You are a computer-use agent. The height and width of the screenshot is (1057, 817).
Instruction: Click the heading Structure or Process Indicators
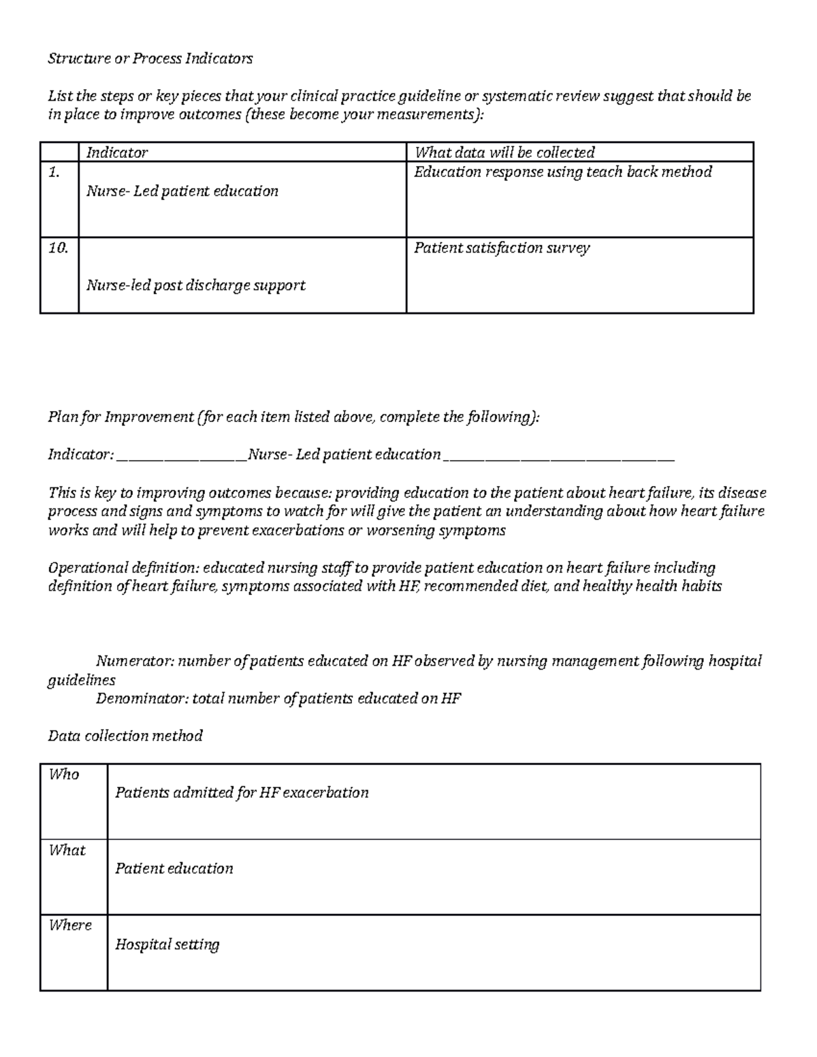150,59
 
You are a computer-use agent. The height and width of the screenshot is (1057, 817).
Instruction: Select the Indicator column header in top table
116,152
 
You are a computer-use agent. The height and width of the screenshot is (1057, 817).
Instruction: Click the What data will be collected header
504,152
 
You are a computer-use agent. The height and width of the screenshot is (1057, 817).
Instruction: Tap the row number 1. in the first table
54,173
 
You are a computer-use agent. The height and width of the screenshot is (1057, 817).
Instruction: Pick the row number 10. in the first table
58,248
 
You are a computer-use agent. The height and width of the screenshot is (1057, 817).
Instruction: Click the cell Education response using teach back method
562,172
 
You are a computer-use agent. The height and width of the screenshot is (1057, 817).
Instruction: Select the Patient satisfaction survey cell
502,248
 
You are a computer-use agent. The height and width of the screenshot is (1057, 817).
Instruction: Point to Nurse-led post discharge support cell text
195,286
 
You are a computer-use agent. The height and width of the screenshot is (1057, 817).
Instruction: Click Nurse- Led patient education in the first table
182,191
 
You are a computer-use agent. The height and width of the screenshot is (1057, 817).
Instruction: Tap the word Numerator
134,661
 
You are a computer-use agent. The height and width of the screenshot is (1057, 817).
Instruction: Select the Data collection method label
125,736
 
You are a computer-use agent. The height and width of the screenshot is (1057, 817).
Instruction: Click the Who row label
63,775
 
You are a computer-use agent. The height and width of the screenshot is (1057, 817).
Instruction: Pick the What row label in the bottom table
67,850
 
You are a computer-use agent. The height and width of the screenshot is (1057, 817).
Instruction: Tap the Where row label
69,926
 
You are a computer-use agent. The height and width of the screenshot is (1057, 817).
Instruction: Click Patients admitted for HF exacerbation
242,793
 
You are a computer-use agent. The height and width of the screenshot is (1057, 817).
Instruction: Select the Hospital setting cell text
167,945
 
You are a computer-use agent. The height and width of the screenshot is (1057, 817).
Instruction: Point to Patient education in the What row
174,868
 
